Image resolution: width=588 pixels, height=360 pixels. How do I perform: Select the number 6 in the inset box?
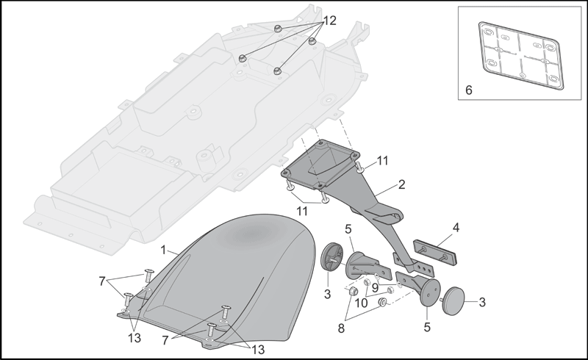[x=469, y=90]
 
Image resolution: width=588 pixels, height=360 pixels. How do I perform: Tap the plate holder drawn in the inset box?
[x=521, y=56]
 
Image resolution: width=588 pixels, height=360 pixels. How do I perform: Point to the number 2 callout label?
[x=401, y=184]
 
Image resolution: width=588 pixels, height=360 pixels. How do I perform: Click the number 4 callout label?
[x=456, y=228]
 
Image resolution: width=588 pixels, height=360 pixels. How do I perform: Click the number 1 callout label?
[x=163, y=250]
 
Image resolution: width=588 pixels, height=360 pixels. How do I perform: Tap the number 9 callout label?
[x=375, y=288]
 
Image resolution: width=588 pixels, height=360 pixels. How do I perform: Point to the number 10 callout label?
[x=361, y=303]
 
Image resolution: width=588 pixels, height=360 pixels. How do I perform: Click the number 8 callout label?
[x=341, y=329]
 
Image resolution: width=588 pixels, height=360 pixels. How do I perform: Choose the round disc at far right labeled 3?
[x=453, y=300]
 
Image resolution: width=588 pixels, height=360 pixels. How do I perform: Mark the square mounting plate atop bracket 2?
[x=320, y=165]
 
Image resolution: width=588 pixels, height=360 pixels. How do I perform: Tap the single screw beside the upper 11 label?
[x=359, y=167]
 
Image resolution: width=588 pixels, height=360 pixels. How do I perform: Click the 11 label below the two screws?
[x=302, y=211]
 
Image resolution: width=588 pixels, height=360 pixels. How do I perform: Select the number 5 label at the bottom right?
[x=427, y=328]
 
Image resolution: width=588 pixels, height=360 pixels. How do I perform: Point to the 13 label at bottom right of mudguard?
[x=258, y=350]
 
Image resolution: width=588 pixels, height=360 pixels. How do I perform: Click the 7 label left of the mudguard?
[x=102, y=281]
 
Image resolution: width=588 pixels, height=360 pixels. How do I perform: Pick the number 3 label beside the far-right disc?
[x=482, y=302]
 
